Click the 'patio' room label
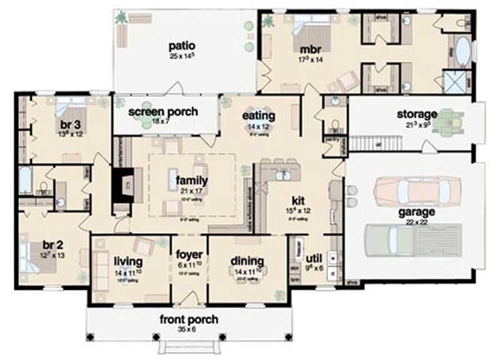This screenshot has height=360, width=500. click(x=182, y=45)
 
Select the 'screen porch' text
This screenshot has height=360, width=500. click(x=163, y=112)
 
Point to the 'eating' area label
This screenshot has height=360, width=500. click(x=259, y=116)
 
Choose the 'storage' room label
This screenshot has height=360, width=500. click(x=417, y=114)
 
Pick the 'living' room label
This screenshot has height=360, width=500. click(x=129, y=260)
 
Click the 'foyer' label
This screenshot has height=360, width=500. click(x=189, y=255)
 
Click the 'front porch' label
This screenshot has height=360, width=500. click(x=189, y=320)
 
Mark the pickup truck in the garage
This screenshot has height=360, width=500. click(x=407, y=239)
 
